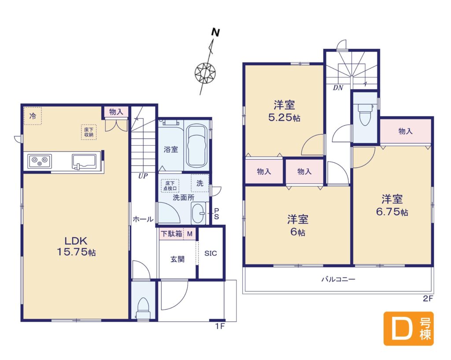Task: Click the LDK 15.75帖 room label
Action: coord(76,246)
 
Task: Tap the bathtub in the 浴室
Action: coord(196,146)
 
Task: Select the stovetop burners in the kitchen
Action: coord(40,161)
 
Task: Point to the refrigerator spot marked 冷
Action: coord(33,116)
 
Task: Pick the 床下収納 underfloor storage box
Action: coord(89,132)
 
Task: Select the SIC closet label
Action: coord(211,253)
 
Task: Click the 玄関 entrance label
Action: coord(177,259)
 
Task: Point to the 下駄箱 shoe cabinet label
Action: coord(171,234)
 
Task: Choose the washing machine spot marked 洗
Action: coord(200,183)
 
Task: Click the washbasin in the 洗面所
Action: coord(198,213)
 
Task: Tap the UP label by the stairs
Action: coord(143,176)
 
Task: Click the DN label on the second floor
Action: coord(338,88)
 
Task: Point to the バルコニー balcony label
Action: coord(338,279)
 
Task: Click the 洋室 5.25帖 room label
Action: coord(284,110)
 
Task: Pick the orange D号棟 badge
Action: coord(408,328)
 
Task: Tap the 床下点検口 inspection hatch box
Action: coord(170,186)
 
